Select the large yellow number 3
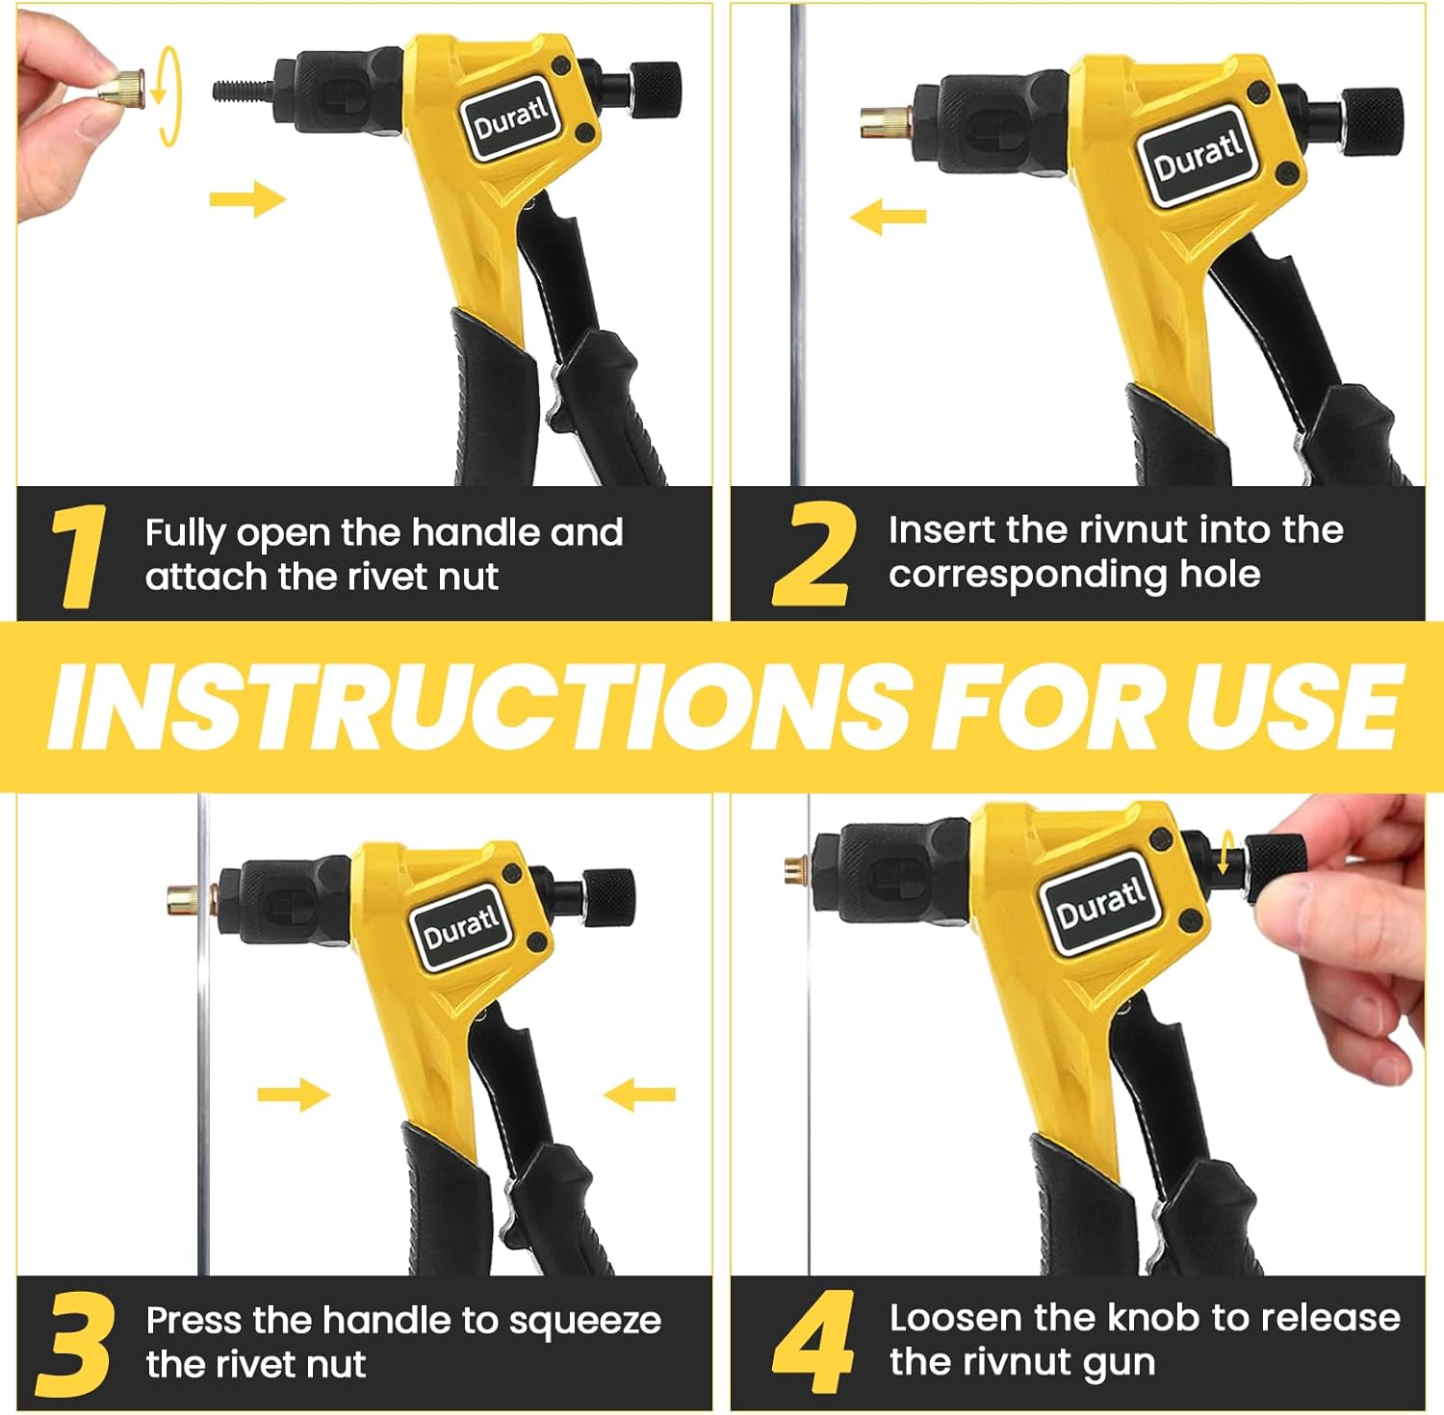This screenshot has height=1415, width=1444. point(75,1344)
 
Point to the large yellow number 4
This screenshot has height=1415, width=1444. point(813,1342)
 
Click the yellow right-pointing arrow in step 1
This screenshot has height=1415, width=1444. point(247,200)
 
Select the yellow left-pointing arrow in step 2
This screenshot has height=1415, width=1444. point(888,217)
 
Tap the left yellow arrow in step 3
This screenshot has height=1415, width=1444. point(294,1094)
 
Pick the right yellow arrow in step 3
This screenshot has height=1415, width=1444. point(639,1094)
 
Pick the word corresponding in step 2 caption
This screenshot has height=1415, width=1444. point(1026,576)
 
